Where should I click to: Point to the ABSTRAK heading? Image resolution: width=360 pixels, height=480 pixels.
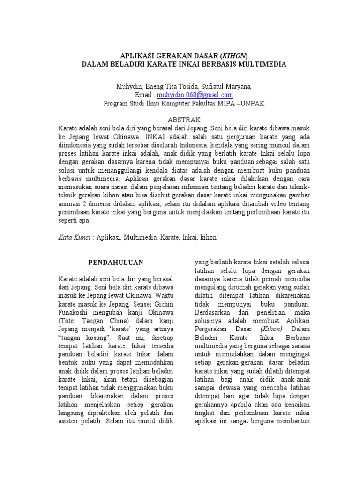tap(180, 120)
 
